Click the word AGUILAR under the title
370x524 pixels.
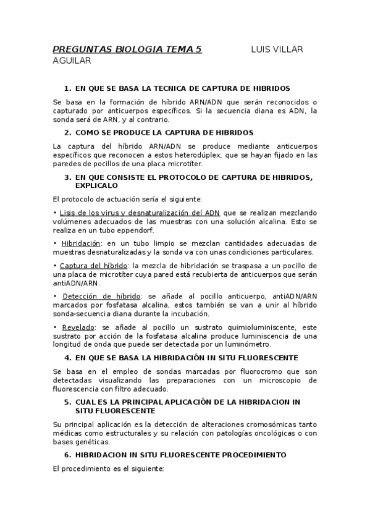(72, 61)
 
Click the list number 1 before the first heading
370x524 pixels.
(67, 89)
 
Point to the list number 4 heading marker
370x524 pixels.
(67, 358)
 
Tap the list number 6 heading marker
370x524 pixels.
(67, 455)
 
